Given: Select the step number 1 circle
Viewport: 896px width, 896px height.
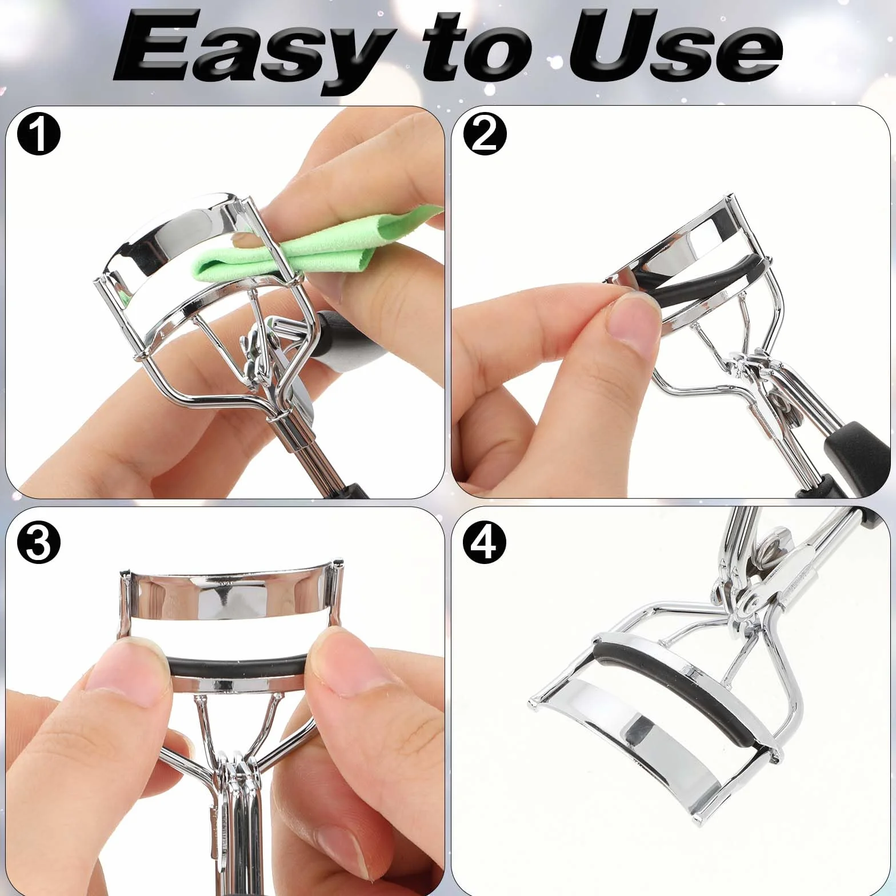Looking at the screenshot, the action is click(x=38, y=135).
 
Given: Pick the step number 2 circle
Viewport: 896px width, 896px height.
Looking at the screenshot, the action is click(x=485, y=135).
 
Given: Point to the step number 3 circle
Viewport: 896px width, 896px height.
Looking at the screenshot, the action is click(x=38, y=543).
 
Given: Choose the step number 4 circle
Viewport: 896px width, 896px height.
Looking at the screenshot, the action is click(x=485, y=543).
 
